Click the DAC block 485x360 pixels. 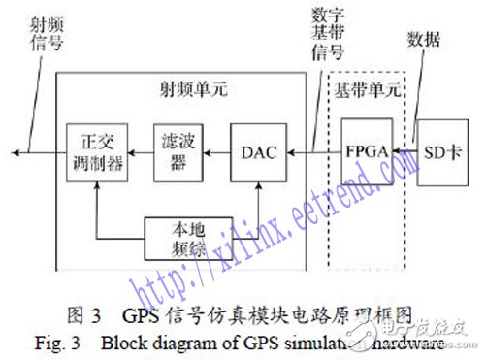pos(258,151)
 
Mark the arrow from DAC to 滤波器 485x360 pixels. pos(215,151)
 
